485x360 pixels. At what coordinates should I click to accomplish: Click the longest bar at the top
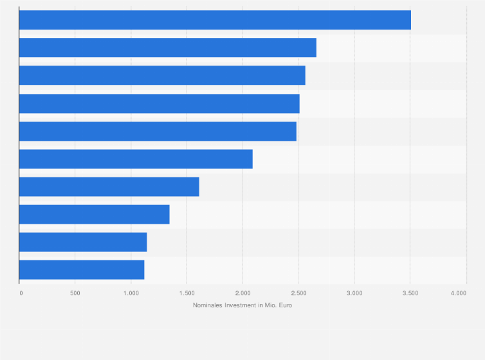(215, 20)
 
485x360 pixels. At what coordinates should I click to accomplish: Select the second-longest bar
(167, 48)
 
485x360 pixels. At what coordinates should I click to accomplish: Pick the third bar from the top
(162, 75)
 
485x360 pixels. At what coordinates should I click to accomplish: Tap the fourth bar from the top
(159, 104)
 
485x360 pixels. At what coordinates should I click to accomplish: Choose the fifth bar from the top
(158, 131)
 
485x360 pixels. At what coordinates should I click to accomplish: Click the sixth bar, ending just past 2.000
(136, 159)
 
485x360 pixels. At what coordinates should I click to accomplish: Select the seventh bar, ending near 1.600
(109, 186)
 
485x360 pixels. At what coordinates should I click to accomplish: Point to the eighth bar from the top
(94, 214)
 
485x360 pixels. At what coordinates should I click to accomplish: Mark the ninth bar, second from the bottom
(83, 242)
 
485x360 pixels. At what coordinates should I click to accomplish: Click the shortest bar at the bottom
(82, 269)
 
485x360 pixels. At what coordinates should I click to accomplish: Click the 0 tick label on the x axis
(21, 293)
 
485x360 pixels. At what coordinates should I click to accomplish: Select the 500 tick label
(75, 293)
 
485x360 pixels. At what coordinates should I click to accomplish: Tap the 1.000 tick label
(131, 293)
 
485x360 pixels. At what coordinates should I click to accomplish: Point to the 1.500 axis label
(187, 293)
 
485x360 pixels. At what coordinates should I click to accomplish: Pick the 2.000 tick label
(243, 293)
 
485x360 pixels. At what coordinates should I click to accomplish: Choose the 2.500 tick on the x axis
(298, 293)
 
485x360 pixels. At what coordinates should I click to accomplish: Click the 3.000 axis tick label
(354, 293)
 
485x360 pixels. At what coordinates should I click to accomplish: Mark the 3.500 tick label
(410, 293)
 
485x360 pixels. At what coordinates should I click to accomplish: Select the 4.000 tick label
(458, 293)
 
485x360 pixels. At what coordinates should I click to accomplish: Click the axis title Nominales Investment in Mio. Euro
(243, 305)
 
